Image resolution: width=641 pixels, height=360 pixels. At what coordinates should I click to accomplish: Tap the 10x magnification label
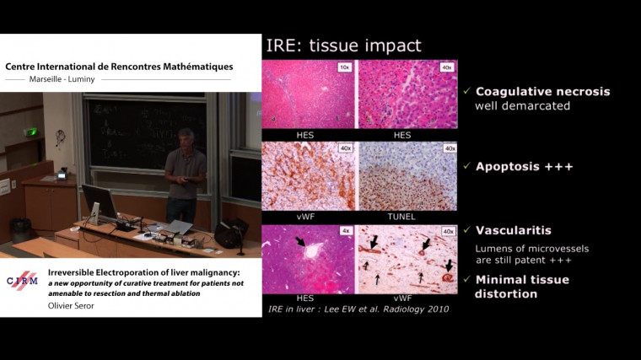[344, 66]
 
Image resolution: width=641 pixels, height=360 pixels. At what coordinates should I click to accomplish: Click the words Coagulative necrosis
[542, 92]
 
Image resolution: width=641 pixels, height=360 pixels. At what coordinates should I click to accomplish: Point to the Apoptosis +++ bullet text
[524, 167]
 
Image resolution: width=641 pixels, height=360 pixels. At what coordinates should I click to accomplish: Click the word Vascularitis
[514, 230]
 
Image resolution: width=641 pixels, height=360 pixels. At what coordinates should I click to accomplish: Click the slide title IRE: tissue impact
[344, 45]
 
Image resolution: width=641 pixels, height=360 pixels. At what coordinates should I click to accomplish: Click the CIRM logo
[22, 281]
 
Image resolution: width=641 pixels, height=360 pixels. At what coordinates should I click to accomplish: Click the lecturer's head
[185, 136]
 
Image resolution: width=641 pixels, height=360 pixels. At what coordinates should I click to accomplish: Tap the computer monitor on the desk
[100, 202]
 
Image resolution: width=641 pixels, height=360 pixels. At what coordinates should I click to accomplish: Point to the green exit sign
[31, 132]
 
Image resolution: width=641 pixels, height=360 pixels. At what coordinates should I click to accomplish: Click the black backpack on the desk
[229, 232]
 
